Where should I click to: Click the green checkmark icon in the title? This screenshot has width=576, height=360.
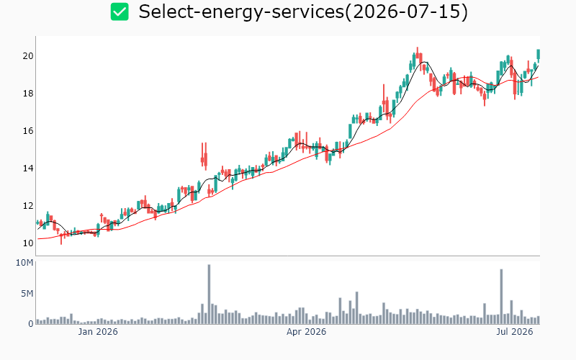pos(120,12)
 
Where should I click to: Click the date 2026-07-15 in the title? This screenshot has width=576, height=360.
pos(406,12)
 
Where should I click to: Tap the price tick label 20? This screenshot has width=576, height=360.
pos(28,56)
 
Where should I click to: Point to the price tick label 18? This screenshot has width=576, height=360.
pos(28,94)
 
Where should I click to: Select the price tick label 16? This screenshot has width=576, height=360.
pos(28,131)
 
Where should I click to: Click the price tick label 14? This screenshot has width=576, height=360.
pos(28,168)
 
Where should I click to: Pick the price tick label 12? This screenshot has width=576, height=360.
pos(28,206)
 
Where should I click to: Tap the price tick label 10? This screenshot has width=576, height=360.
pos(28,243)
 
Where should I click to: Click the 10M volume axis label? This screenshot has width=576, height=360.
pos(24,263)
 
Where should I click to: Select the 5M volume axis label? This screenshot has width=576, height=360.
pos(27,294)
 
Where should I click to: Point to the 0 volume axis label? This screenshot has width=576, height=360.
pos(31,323)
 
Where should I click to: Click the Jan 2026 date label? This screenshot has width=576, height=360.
pos(98,332)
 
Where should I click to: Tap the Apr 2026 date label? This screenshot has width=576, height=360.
pos(307,332)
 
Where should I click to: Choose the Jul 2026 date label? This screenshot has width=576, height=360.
pos(515,332)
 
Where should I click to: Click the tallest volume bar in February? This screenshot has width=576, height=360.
pos(209,294)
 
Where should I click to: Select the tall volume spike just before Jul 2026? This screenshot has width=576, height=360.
pos(501,297)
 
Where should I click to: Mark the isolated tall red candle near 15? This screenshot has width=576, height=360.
pos(206,156)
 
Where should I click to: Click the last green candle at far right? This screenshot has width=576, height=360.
pos(538,55)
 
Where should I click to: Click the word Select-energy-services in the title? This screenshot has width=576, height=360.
pos(241,12)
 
